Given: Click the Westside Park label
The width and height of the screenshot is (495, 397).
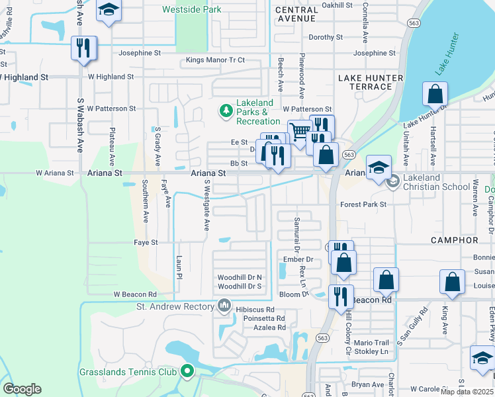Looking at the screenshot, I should pyautogui.click(x=192, y=10).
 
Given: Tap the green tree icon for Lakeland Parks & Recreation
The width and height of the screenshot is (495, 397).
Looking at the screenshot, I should pyautogui.click(x=226, y=109).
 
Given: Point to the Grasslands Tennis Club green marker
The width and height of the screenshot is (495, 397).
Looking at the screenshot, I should pyautogui.click(x=187, y=372).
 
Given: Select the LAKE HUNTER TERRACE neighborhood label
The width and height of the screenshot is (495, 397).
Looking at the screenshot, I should pyautogui.click(x=370, y=82).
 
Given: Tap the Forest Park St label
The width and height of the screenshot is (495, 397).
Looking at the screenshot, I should pyautogui.click(x=363, y=204).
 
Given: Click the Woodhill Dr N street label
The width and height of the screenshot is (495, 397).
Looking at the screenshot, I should pyautogui.click(x=240, y=277).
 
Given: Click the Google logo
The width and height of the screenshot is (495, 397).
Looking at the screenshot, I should pyautogui.click(x=22, y=388).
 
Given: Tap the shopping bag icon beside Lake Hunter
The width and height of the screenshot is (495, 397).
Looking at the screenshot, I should pyautogui.click(x=435, y=94).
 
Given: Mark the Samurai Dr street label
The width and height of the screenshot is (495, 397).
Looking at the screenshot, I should pyautogui.click(x=298, y=237).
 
